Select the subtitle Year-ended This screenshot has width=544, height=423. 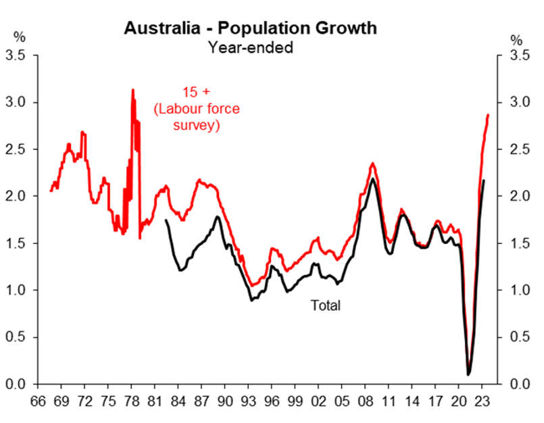pyautogui.click(x=250, y=47)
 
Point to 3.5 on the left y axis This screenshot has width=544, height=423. pyautogui.click(x=16, y=55)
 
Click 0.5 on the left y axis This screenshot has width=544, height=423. pyautogui.click(x=16, y=337)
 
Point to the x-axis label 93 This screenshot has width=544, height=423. pyautogui.click(x=249, y=399)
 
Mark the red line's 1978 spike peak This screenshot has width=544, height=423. pyautogui.click(x=132, y=90)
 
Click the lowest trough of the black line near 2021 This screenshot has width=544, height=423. pyautogui.click(x=468, y=374)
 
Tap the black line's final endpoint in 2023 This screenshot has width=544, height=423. pyautogui.click(x=484, y=180)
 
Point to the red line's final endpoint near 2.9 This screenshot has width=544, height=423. pyautogui.click(x=488, y=116)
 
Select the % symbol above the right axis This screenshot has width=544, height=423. pyautogui.click(x=517, y=40)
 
